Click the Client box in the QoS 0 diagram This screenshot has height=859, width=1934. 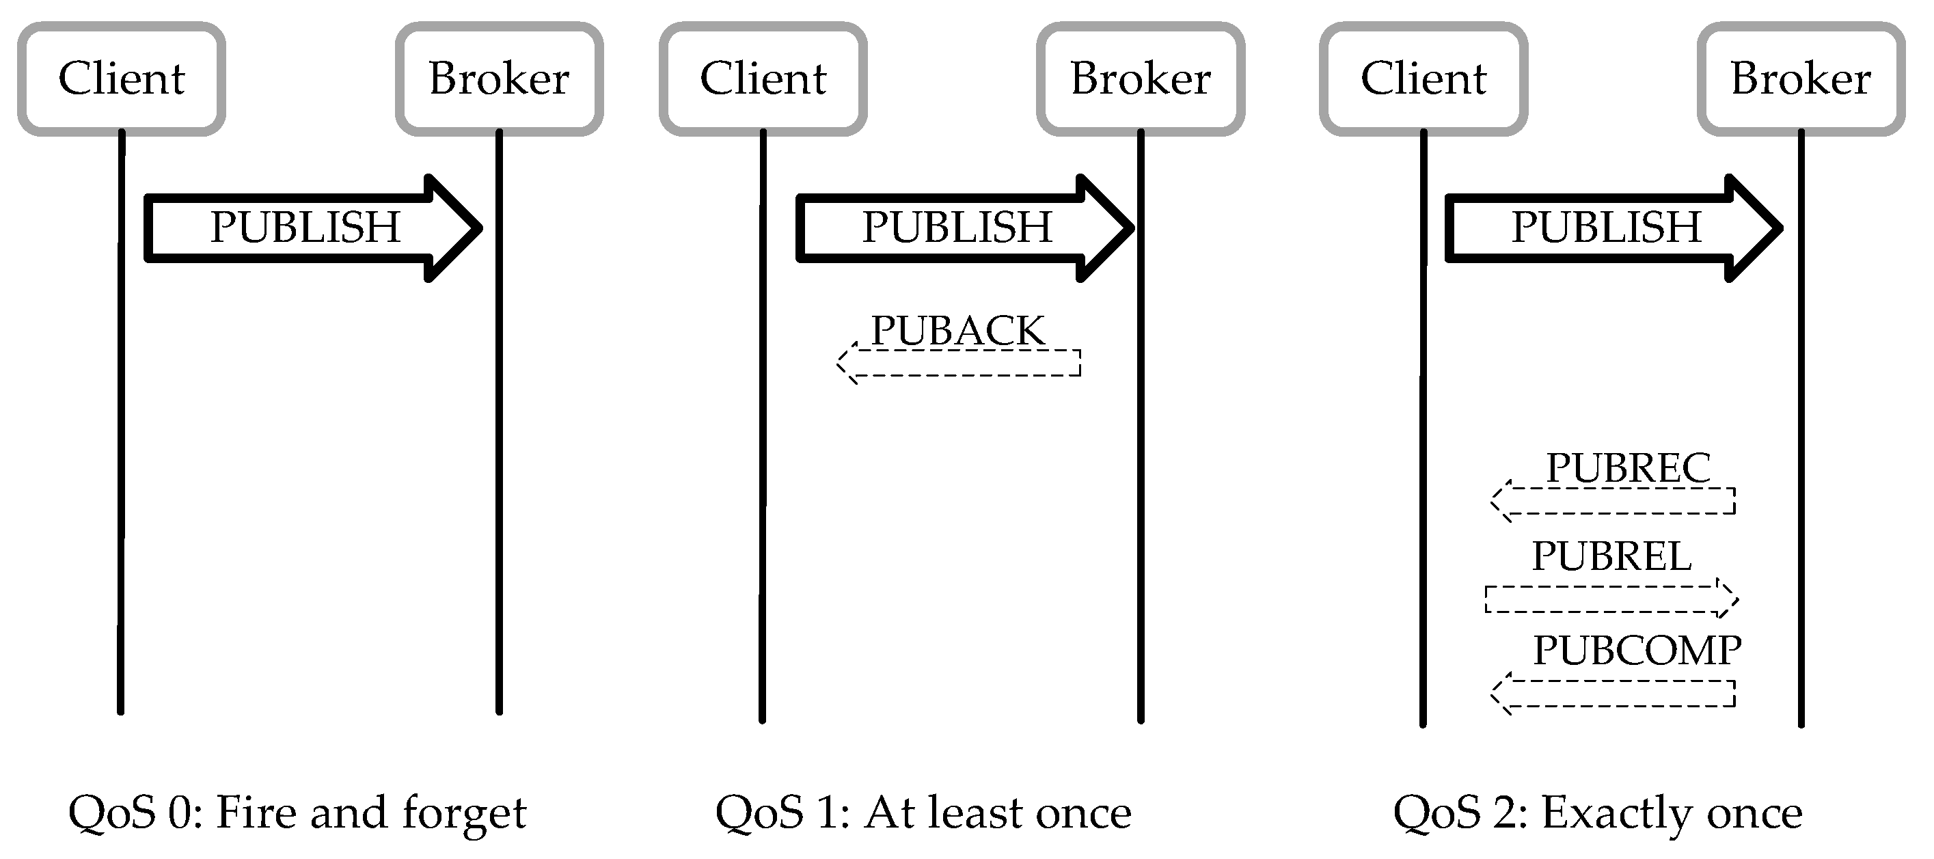[122, 79]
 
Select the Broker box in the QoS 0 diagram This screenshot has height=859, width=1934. [500, 79]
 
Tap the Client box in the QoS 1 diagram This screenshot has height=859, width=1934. [763, 79]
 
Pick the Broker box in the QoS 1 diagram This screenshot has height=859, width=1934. [1141, 79]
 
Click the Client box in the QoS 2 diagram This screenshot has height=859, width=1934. [1424, 79]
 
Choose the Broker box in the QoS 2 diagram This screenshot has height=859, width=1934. [1801, 79]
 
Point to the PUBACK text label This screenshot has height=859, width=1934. [958, 330]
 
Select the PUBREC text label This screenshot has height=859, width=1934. [1628, 468]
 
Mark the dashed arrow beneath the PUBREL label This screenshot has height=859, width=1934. [1611, 599]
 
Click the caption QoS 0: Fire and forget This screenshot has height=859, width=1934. [297, 813]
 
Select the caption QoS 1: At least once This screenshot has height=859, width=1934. [923, 813]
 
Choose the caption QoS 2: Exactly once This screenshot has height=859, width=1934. [1598, 813]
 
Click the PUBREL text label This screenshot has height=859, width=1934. [1611, 556]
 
